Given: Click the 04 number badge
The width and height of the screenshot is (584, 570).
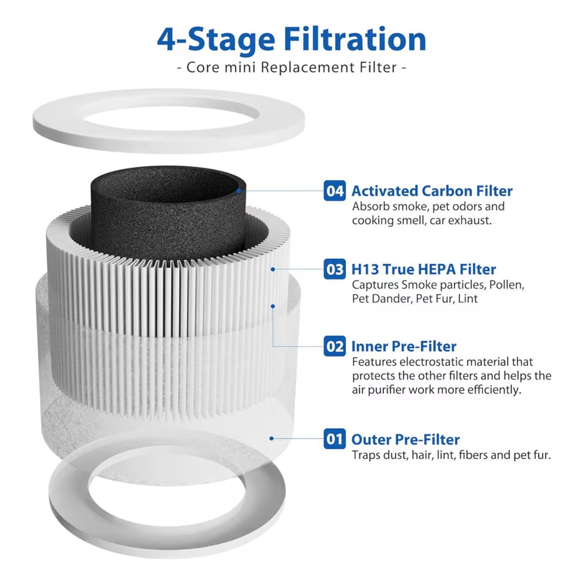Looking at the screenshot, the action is [334, 191].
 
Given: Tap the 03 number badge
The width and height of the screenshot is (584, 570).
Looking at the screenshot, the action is [334, 269].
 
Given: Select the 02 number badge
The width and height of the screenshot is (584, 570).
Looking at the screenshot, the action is [334, 346].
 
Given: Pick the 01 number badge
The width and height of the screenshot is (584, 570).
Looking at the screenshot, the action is [334, 439].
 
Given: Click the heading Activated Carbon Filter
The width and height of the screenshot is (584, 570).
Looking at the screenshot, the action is [432, 191].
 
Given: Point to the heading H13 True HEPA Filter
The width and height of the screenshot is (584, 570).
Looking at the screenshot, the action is [424, 269].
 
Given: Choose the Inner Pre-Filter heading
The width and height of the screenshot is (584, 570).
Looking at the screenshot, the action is [404, 346].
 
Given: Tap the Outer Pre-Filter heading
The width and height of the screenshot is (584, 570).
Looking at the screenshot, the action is [405, 439].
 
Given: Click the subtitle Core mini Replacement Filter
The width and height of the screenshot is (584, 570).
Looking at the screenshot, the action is [292, 67].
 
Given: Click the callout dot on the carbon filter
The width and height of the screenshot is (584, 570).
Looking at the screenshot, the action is [238, 190].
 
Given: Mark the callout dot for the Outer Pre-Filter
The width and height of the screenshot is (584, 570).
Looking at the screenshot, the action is [272, 438].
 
